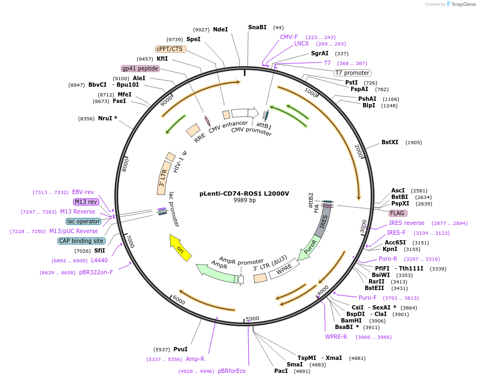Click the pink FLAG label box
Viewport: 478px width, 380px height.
(398, 213)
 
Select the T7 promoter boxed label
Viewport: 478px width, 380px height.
(352, 73)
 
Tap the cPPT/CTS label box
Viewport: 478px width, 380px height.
(170, 49)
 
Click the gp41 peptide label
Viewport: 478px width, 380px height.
(140, 68)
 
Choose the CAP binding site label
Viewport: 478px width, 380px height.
(81, 241)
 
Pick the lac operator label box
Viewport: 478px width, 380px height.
(83, 221)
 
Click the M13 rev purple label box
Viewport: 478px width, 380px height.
(86, 202)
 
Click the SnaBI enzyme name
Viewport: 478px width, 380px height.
(257, 27)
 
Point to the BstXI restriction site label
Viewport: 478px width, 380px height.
(390, 143)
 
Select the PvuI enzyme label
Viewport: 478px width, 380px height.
(180, 349)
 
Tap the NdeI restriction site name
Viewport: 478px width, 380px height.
(220, 29)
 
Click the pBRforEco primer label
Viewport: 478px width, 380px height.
(231, 371)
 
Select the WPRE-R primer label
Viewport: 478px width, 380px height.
(336, 337)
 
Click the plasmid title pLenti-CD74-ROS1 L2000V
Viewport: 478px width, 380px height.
(244, 193)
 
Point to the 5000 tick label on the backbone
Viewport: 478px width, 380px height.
(252, 318)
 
